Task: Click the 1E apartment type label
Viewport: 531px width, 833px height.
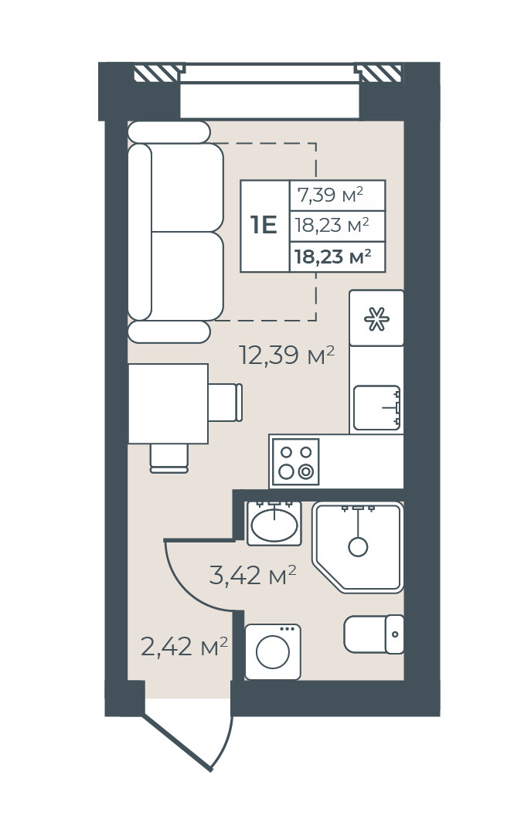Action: point(264,226)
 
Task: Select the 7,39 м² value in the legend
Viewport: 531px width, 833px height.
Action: point(330,195)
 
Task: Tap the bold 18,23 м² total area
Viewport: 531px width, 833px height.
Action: point(332,257)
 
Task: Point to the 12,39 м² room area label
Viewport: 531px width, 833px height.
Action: point(287,355)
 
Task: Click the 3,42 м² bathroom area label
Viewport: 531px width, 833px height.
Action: point(253,575)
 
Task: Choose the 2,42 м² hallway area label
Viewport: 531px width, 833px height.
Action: point(184,647)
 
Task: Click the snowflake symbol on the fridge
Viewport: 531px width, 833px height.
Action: point(376,319)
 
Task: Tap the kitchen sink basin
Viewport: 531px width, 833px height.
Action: point(376,407)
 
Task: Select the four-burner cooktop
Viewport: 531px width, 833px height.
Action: point(295,461)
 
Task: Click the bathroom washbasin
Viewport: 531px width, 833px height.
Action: point(274,524)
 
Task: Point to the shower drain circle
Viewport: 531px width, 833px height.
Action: point(358,546)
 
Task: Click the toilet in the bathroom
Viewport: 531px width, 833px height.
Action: point(373,634)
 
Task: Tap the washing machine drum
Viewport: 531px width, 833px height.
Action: point(273,652)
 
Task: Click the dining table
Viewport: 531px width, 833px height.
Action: point(168,403)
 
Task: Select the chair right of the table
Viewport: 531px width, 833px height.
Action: point(226,403)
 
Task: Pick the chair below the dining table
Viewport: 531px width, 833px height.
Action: point(169,458)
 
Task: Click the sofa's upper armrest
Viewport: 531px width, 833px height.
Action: point(169,132)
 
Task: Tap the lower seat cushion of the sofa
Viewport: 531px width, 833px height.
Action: point(187,277)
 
